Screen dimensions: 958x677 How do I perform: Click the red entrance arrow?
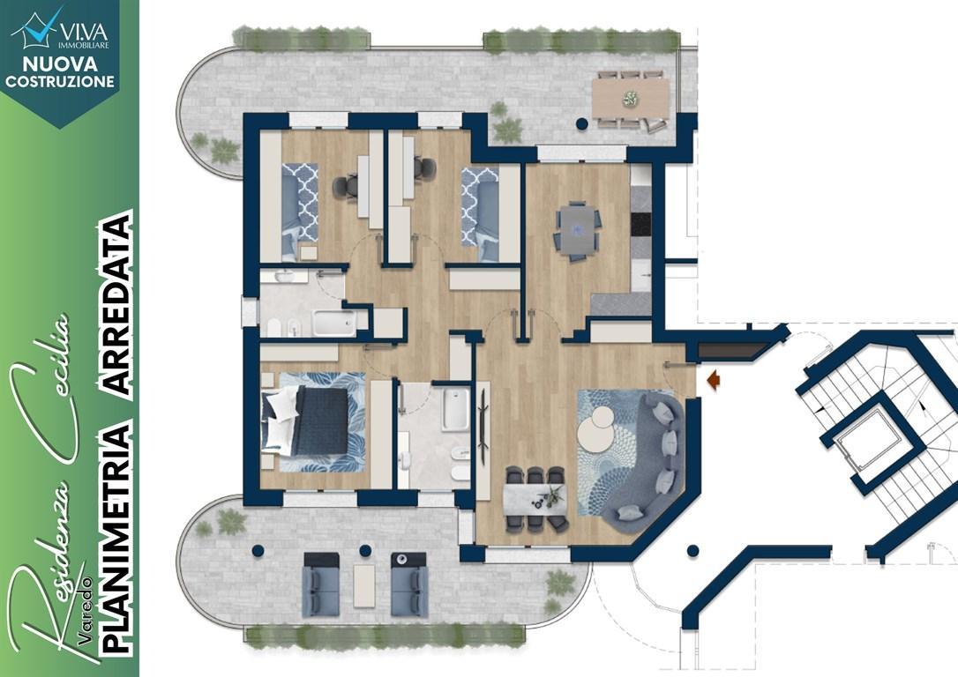tap(714, 380)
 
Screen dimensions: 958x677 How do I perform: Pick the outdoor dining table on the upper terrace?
tap(630, 98)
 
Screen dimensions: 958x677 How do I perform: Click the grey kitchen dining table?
tap(578, 228)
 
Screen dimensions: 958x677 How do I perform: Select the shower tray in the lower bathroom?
tap(456, 409)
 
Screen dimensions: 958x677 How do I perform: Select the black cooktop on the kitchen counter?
tap(641, 223)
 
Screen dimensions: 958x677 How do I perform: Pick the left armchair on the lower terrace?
tap(321, 584)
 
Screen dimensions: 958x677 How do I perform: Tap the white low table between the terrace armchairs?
tap(364, 585)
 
